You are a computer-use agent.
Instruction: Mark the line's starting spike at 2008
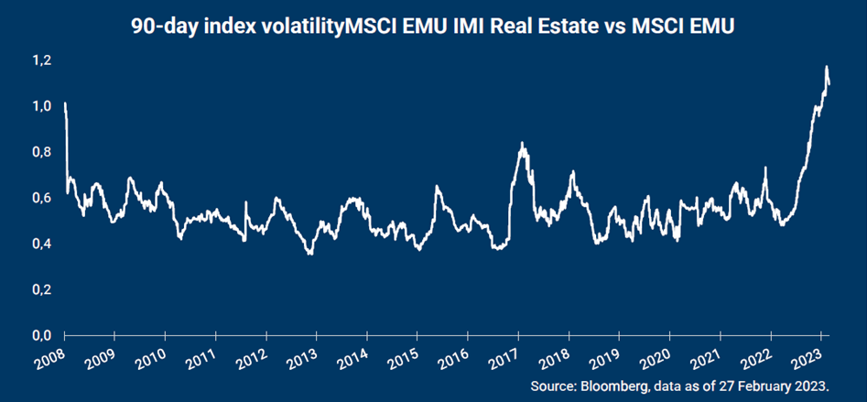point(65,103)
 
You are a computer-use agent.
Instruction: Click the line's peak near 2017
point(521,143)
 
